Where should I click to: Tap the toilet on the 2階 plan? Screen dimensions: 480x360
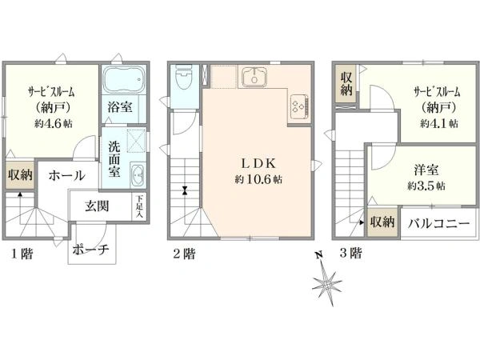[184, 77]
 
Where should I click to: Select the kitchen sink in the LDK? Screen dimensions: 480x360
[254, 77]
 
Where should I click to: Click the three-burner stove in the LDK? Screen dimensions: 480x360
[299, 106]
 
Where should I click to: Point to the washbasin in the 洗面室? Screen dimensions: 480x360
[138, 175]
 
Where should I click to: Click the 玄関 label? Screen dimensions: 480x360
[97, 206]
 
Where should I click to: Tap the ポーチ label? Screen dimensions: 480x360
[90, 250]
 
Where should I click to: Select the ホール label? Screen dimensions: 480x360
[66, 175]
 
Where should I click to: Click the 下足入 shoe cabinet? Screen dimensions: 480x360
[139, 206]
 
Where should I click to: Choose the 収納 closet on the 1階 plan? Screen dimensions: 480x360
[20, 175]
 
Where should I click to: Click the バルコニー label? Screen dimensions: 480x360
[438, 223]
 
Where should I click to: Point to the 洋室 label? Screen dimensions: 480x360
[426, 170]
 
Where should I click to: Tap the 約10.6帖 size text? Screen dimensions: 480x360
[258, 179]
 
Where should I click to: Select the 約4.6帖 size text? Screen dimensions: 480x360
[54, 123]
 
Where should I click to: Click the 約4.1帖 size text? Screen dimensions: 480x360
[439, 123]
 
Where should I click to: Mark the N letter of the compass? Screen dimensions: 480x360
[319, 254]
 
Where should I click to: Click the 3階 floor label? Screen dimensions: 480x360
[351, 254]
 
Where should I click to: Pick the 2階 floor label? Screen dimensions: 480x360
[184, 254]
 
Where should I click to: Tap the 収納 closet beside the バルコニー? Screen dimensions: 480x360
[382, 222]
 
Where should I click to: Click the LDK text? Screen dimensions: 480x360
[258, 163]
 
